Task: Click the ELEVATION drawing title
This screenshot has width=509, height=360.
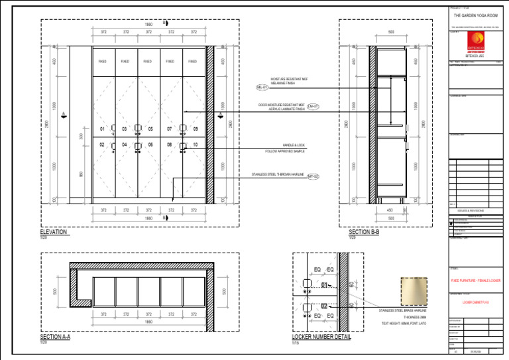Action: (x=54, y=232)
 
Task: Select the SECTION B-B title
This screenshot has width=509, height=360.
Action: (x=364, y=232)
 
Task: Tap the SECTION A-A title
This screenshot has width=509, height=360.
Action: (x=55, y=337)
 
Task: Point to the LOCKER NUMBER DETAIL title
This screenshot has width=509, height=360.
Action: (x=321, y=337)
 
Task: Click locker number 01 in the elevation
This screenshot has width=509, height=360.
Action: (x=102, y=129)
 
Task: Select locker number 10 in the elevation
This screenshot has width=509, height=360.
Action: (x=195, y=145)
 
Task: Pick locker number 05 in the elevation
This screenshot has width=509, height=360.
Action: (x=150, y=129)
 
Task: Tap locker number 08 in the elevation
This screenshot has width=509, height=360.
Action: (x=170, y=145)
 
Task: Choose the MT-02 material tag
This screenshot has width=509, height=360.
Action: (x=313, y=176)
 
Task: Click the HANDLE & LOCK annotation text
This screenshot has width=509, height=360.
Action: (x=294, y=145)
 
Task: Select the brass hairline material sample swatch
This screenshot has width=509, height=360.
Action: (x=414, y=292)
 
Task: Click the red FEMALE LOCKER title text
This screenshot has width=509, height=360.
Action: (x=475, y=280)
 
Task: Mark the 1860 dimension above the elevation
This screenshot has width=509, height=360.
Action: (x=148, y=25)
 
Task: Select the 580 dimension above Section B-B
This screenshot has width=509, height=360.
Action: (x=391, y=31)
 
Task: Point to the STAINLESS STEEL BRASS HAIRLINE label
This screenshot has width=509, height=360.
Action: (x=402, y=310)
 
